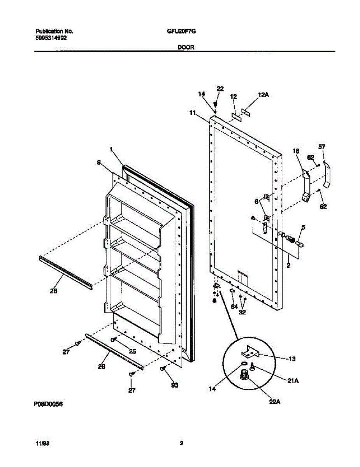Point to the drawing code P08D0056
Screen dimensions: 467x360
(48, 404)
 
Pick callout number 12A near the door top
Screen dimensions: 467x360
(263, 95)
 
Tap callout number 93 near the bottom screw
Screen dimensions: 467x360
(174, 385)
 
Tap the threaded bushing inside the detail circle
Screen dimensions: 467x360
(244, 376)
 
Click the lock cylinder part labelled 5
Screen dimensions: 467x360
(299, 242)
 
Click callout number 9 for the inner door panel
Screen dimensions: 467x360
(99, 162)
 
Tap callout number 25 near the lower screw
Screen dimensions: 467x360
(132, 351)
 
